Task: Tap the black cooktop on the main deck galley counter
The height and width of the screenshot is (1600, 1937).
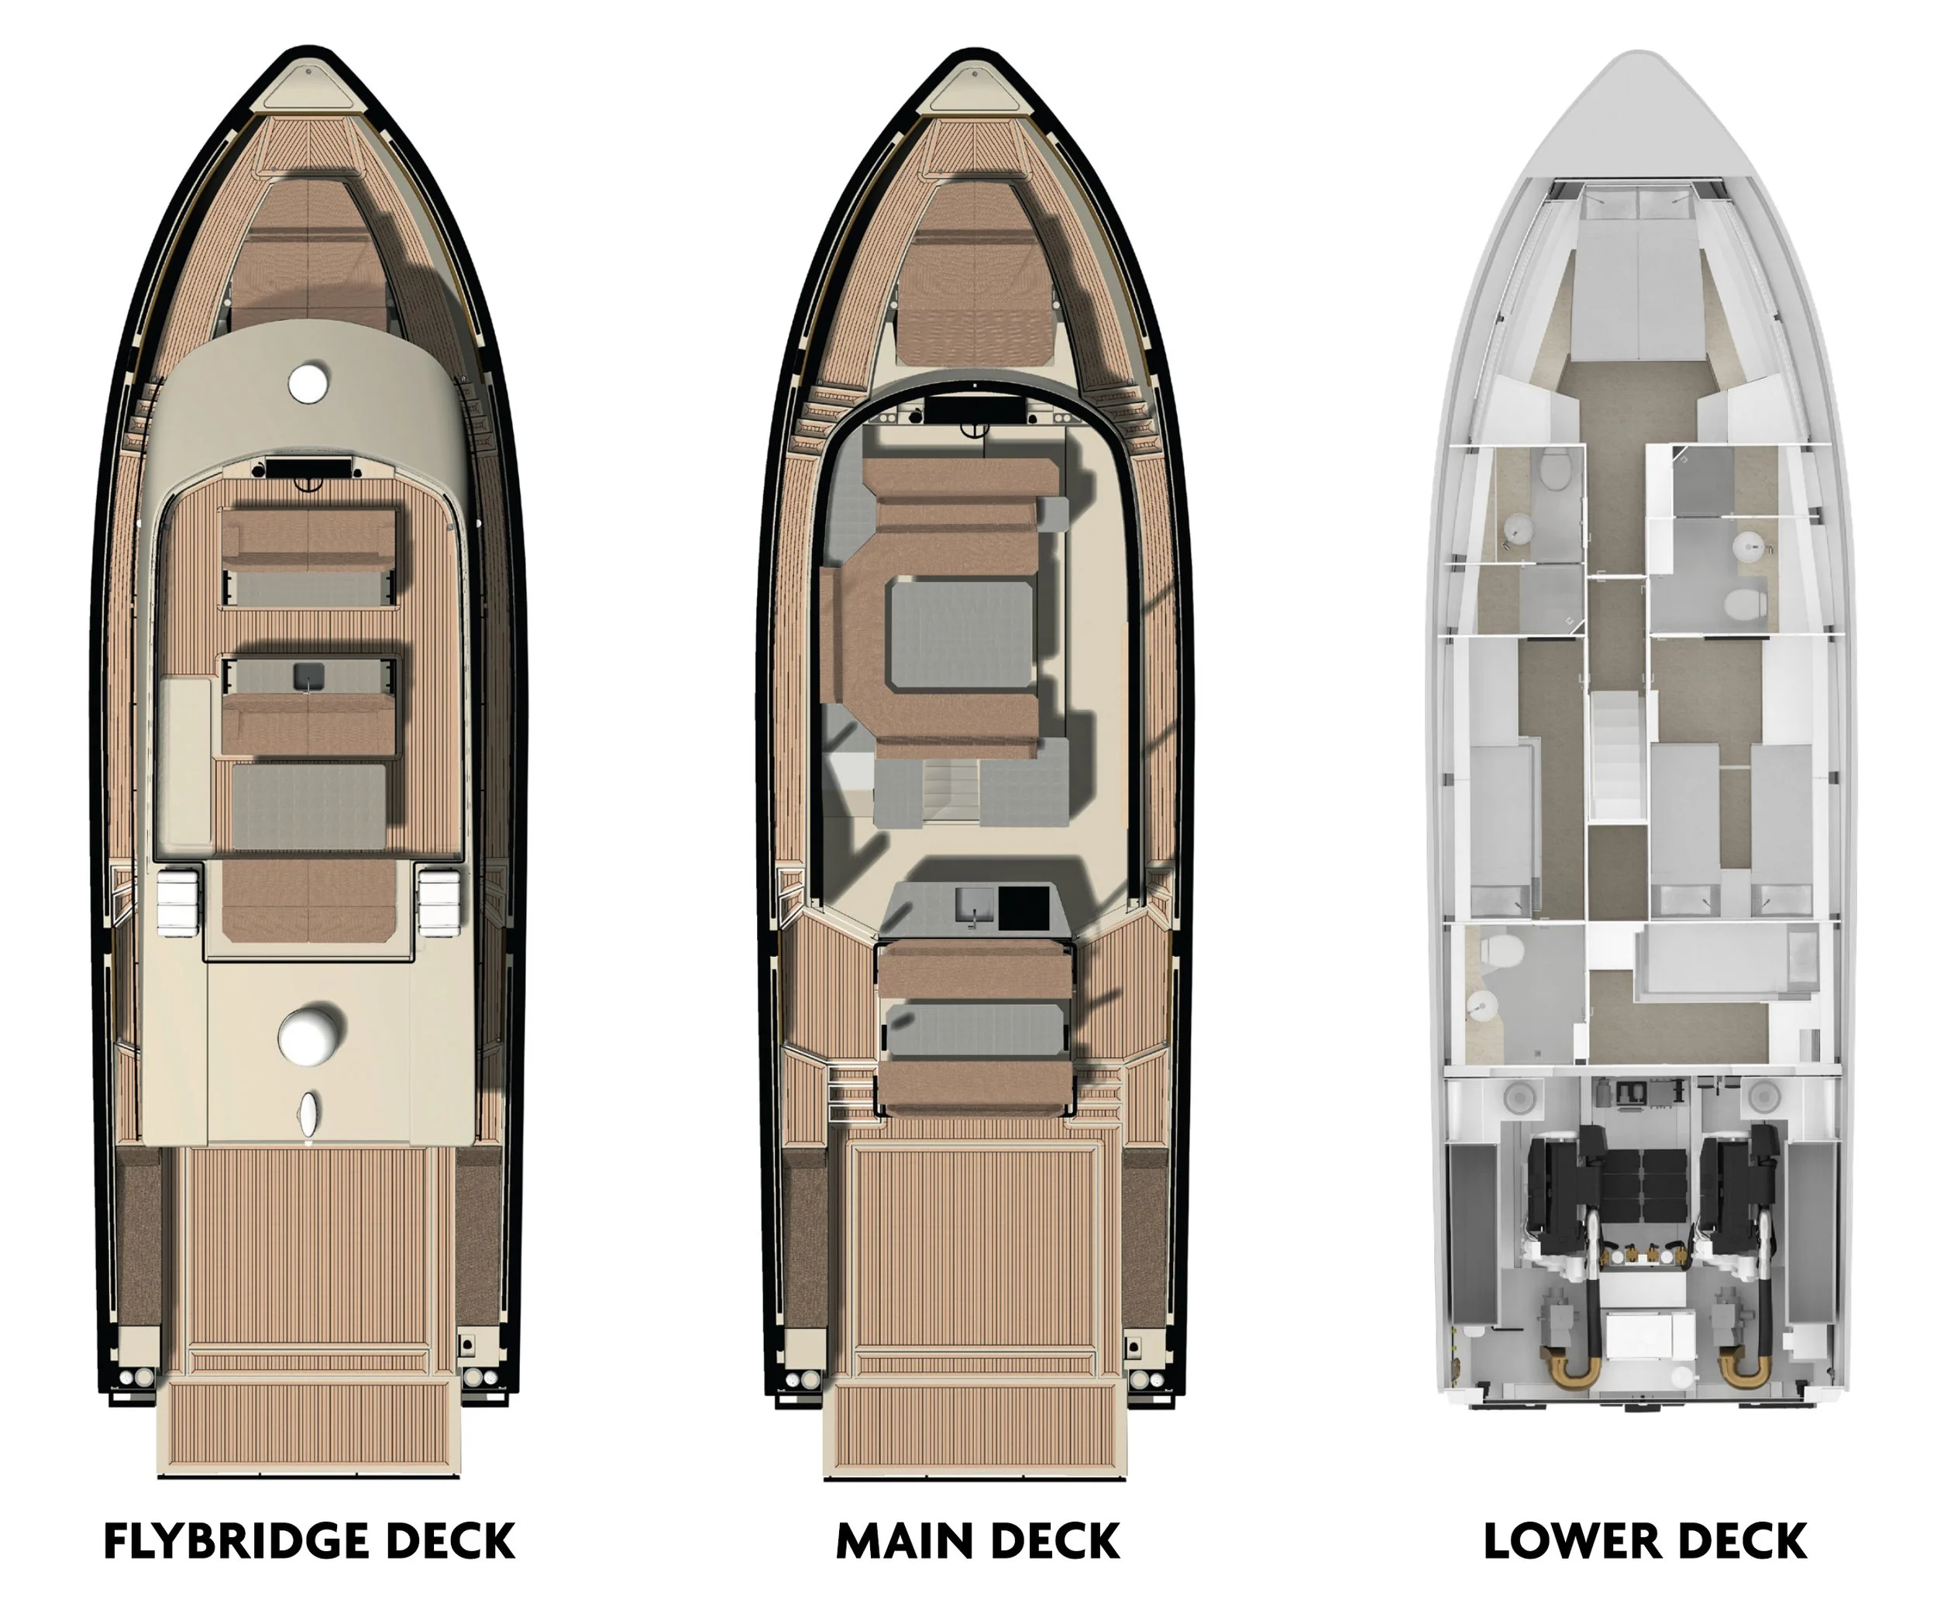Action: (x=1024, y=907)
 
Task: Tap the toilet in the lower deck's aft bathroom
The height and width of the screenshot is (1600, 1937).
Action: (x=1495, y=949)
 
